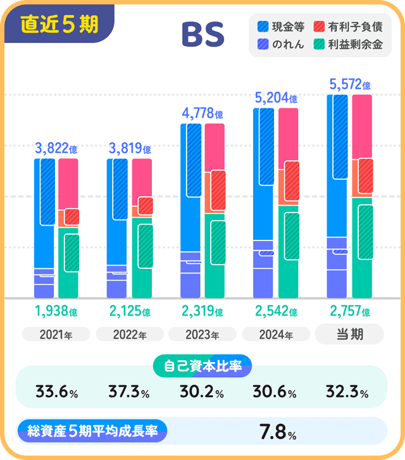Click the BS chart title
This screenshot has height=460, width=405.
202,35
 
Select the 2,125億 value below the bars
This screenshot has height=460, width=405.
130,312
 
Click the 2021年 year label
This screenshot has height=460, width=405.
56,335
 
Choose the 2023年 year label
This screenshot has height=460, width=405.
202,335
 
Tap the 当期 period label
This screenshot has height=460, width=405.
349,334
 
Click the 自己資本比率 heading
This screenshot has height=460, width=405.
202,366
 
